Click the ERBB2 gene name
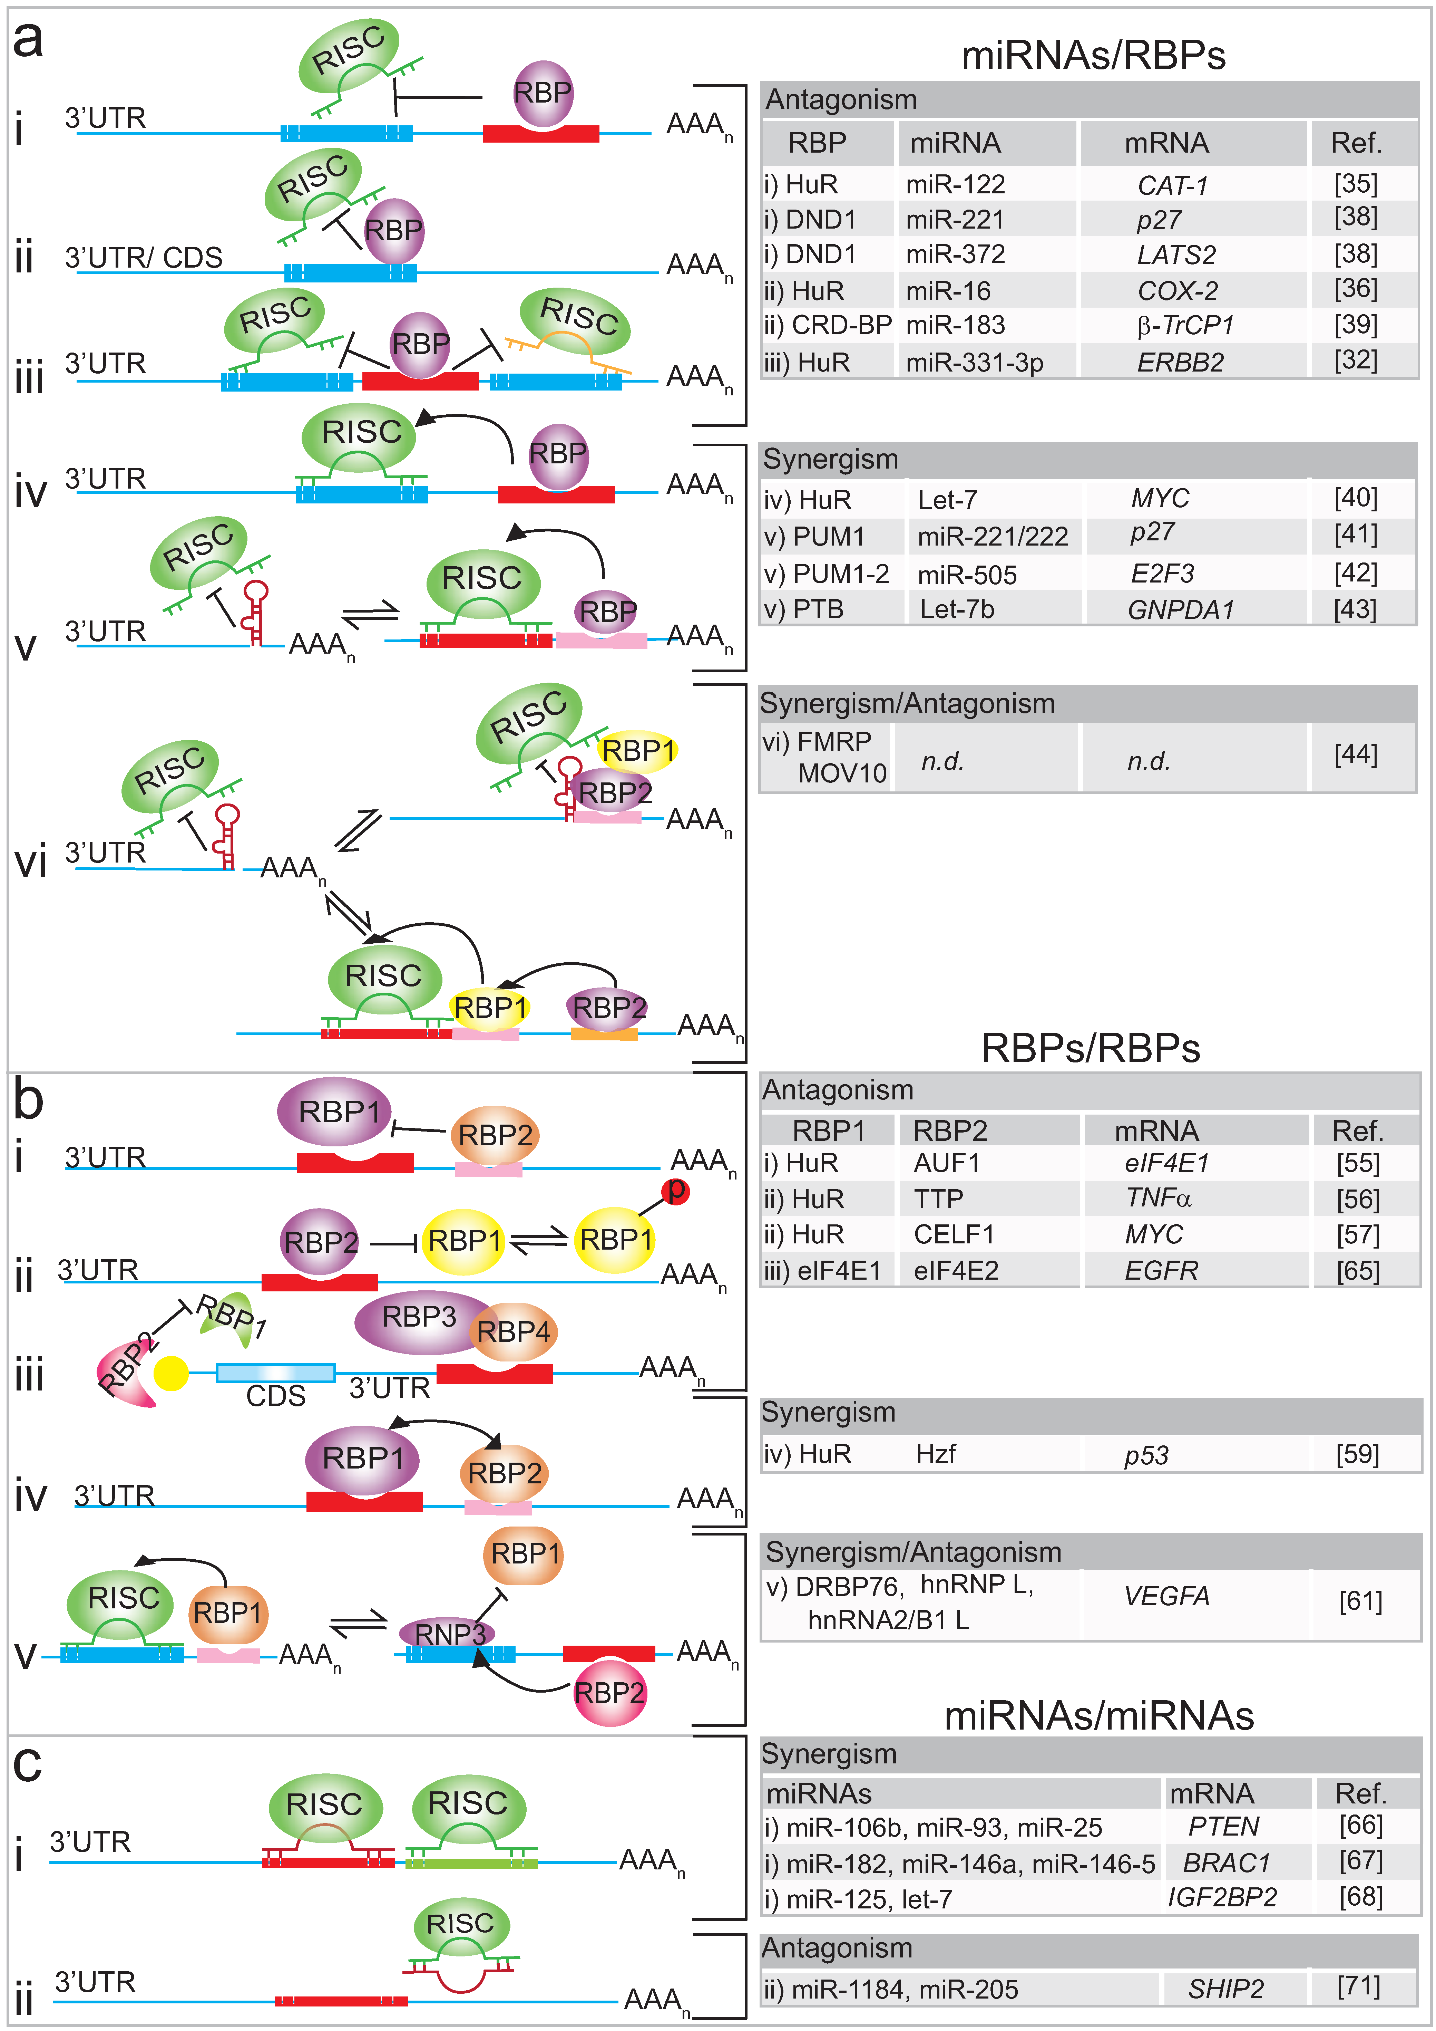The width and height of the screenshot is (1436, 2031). [x=1180, y=362]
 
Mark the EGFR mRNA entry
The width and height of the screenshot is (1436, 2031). [x=1161, y=1271]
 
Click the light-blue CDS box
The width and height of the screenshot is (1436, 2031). [x=276, y=1373]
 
